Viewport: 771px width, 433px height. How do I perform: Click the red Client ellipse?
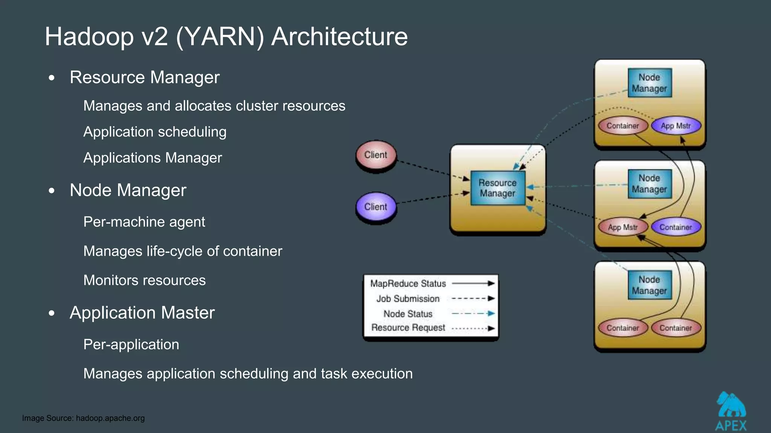[x=376, y=155]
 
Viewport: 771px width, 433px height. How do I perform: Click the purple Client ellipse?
[x=376, y=207]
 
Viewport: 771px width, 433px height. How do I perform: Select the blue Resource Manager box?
[x=498, y=188]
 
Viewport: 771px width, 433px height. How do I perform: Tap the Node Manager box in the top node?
[x=649, y=83]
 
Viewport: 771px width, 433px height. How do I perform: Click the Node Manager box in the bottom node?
[x=649, y=285]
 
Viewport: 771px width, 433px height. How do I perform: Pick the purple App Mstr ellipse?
[x=676, y=126]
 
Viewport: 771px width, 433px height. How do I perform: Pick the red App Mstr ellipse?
[x=623, y=227]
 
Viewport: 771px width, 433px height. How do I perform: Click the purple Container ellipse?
[x=676, y=227]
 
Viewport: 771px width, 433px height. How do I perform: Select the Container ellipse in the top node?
[x=623, y=126]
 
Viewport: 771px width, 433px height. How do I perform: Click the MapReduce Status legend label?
[x=408, y=283]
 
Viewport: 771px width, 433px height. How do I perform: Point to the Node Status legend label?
[x=408, y=314]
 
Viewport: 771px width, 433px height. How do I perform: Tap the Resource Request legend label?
[x=408, y=328]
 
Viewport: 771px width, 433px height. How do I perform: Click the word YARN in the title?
[x=219, y=37]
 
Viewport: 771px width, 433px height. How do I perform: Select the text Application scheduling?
[x=155, y=132]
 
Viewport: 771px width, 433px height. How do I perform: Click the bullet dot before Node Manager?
[x=52, y=191]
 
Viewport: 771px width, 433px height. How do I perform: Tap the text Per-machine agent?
[x=144, y=222]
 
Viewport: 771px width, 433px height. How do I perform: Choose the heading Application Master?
[x=142, y=313]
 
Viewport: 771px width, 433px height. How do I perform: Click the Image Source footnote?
[x=83, y=418]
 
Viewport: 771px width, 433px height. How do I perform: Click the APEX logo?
[x=731, y=412]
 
